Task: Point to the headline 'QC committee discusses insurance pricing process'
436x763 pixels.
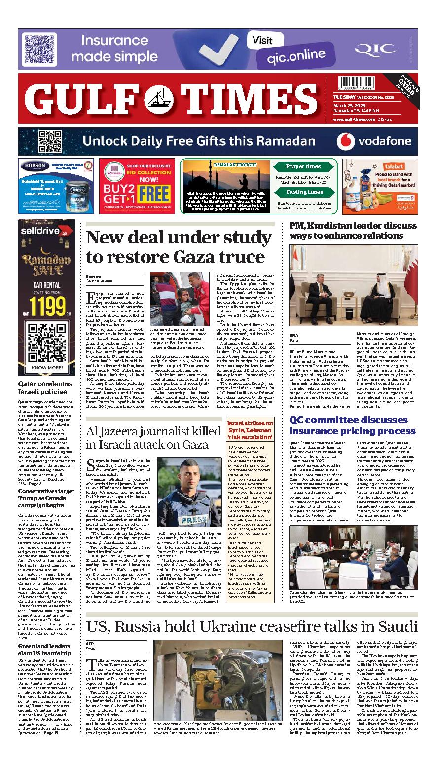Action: pyautogui.click(x=353, y=425)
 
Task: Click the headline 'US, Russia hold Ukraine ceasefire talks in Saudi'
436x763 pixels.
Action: pyautogui.click(x=252, y=626)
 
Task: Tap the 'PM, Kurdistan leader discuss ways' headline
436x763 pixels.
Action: pyautogui.click(x=353, y=230)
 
